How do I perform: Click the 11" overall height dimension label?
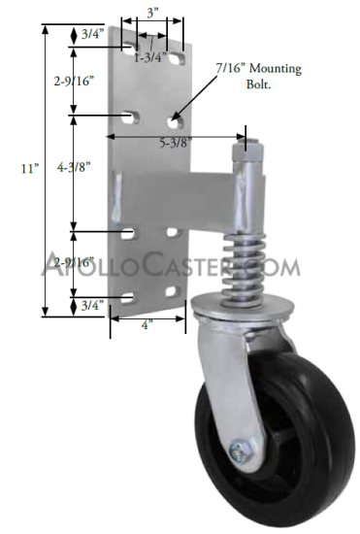(x=30, y=168)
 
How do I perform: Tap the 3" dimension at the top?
(x=152, y=13)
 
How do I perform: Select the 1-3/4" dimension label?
(x=150, y=57)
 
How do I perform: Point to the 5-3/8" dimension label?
(x=176, y=143)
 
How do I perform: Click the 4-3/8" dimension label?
(x=74, y=167)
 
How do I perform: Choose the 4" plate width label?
(x=146, y=325)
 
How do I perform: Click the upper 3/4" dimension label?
(x=92, y=34)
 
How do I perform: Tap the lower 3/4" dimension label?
(x=92, y=305)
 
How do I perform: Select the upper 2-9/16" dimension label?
(x=74, y=81)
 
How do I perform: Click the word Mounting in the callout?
(x=276, y=69)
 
